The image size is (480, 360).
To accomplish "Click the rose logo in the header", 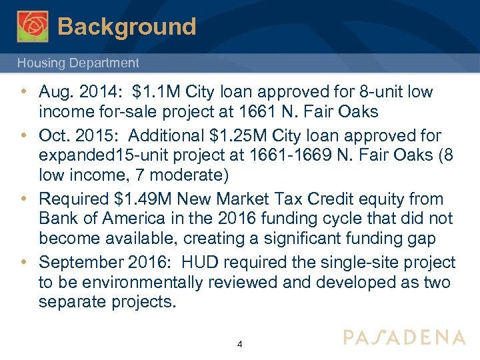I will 33,26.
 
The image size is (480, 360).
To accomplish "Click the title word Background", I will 127,27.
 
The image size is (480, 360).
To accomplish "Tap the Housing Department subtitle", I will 78,63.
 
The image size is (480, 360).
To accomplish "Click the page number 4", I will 240,345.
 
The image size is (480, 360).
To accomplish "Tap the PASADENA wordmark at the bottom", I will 405,337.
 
